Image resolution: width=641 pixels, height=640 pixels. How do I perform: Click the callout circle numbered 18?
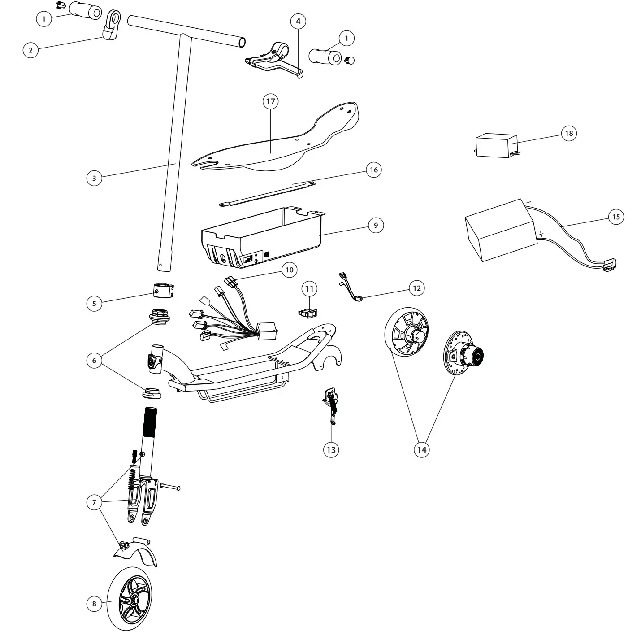coord(569,134)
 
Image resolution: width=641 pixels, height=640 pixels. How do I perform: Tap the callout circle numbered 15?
coord(616,217)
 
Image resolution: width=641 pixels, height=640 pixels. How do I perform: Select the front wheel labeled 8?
coord(130,599)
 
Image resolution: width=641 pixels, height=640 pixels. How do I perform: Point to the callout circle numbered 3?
coord(94,178)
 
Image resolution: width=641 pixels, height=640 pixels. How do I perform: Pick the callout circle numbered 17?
coord(270,102)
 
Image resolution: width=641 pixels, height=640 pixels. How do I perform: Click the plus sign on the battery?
coord(541,234)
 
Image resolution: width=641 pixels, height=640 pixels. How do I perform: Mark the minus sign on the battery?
coord(528,203)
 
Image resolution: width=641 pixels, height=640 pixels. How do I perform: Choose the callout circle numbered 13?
coord(331,450)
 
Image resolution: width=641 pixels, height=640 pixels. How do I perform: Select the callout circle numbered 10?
coord(289,270)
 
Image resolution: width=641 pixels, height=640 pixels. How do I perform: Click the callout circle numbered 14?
coord(422,449)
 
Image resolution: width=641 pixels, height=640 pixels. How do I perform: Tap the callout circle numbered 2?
coord(30,50)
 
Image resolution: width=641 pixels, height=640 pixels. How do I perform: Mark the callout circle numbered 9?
coord(376,225)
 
